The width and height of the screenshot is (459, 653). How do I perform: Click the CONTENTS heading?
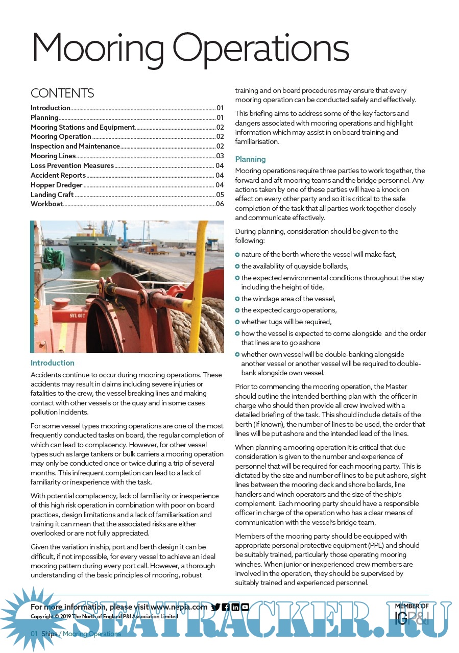click(x=62, y=93)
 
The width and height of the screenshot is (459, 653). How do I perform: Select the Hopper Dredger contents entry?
click(x=57, y=185)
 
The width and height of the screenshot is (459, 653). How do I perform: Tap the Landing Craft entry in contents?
click(x=53, y=195)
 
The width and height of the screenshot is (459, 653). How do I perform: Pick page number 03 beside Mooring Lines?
click(x=220, y=156)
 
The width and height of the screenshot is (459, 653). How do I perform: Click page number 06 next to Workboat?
click(x=220, y=204)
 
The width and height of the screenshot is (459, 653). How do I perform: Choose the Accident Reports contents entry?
click(x=58, y=175)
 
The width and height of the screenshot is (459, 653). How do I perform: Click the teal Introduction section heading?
click(x=53, y=363)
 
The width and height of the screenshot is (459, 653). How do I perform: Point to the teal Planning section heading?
click(x=250, y=159)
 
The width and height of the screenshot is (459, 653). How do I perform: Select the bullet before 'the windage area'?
click(x=237, y=299)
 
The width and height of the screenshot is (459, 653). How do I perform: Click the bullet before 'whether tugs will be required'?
click(x=237, y=322)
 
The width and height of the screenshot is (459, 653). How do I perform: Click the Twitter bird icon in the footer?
click(x=215, y=607)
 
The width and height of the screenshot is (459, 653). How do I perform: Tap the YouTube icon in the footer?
click(x=245, y=607)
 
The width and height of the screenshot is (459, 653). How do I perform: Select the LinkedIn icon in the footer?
click(x=235, y=607)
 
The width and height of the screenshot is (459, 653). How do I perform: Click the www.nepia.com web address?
click(x=179, y=607)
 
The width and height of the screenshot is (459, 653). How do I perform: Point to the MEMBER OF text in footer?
click(x=412, y=607)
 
